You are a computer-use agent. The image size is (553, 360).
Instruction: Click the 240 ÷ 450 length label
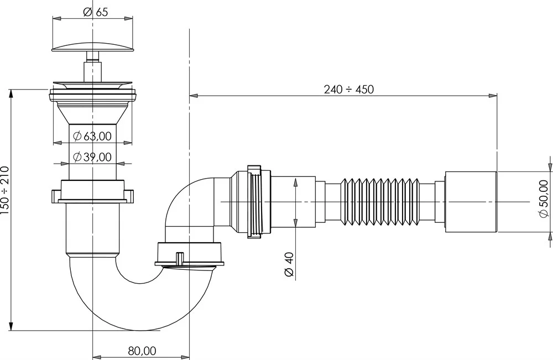(x=348, y=90)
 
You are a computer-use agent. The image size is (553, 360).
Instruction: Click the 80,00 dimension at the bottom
(x=142, y=351)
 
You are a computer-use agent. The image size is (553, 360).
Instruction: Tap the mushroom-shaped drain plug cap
(x=93, y=44)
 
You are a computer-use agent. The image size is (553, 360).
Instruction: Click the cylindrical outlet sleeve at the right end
(x=470, y=202)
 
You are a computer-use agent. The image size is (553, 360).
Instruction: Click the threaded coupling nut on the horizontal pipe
(x=254, y=202)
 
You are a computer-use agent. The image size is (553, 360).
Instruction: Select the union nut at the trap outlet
(x=191, y=253)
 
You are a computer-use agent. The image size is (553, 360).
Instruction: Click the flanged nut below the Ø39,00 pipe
(x=93, y=193)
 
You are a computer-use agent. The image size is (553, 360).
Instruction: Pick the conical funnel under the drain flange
(x=92, y=113)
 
